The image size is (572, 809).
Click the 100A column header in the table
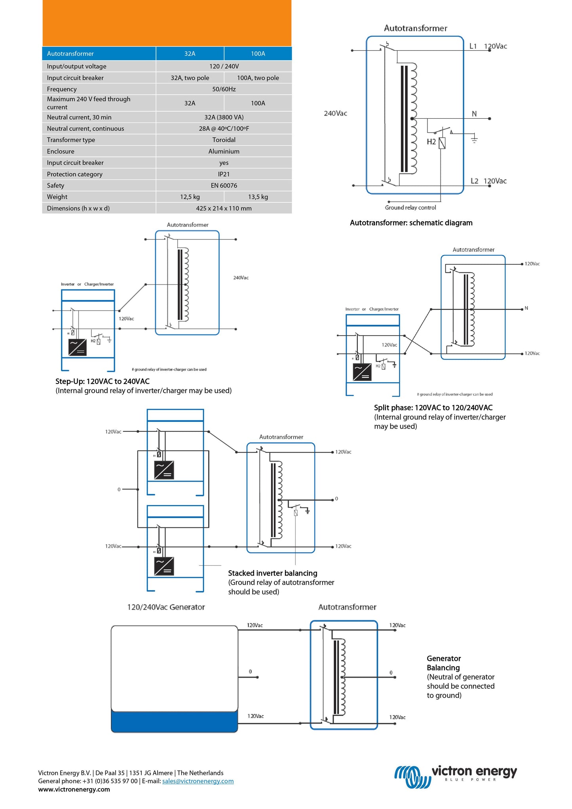pyautogui.click(x=258, y=54)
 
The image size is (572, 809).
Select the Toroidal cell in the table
pyautogui.click(x=224, y=140)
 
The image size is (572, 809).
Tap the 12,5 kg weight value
pyautogui.click(x=190, y=197)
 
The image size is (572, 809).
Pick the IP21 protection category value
pyautogui.click(x=224, y=174)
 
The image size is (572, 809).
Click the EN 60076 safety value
pyautogui.click(x=224, y=186)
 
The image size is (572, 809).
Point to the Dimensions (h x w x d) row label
pyautogui.click(x=78, y=209)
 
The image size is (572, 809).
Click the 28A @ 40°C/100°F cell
pyautogui.click(x=224, y=129)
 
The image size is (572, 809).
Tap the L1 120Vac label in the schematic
pyautogui.click(x=488, y=46)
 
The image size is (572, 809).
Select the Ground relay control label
pyautogui.click(x=410, y=208)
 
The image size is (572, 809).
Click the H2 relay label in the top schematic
pyautogui.click(x=431, y=142)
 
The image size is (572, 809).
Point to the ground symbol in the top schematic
pyautogui.click(x=474, y=139)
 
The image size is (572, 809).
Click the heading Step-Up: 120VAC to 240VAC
pyautogui.click(x=103, y=382)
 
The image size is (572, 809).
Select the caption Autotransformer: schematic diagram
pyautogui.click(x=411, y=223)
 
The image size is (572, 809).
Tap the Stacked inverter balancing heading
pyautogui.click(x=272, y=573)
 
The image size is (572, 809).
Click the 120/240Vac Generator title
pyautogui.click(x=166, y=607)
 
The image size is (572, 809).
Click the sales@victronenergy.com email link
pyautogui.click(x=198, y=781)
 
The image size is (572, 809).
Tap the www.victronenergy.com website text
pyautogui.click(x=74, y=790)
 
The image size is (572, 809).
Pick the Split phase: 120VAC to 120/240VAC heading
pyautogui.click(x=433, y=408)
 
